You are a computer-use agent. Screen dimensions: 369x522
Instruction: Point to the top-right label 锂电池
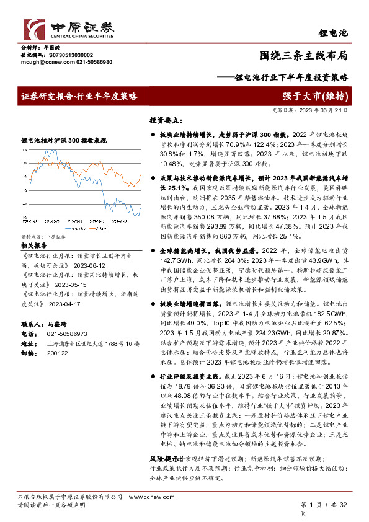334,31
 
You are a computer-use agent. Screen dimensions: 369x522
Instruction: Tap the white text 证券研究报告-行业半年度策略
78,96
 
